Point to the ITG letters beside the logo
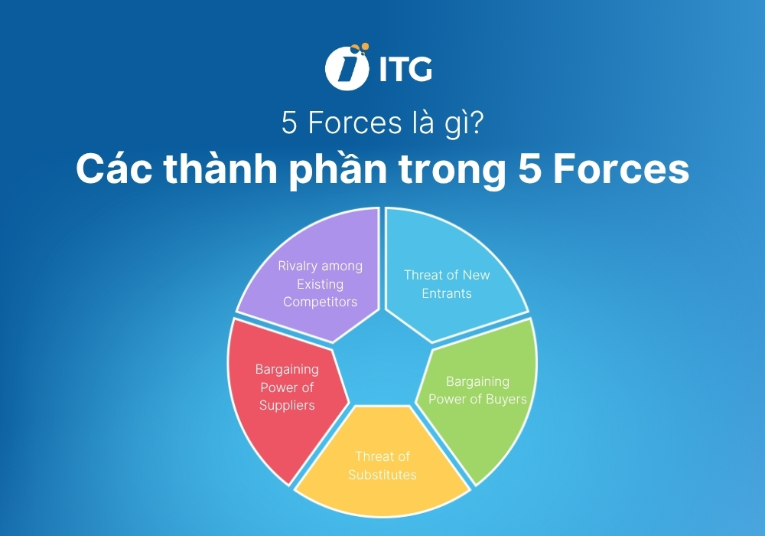point(405,70)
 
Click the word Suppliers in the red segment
point(287,405)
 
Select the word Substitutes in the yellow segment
point(382,475)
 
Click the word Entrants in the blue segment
point(447,293)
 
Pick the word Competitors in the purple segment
point(320,302)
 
